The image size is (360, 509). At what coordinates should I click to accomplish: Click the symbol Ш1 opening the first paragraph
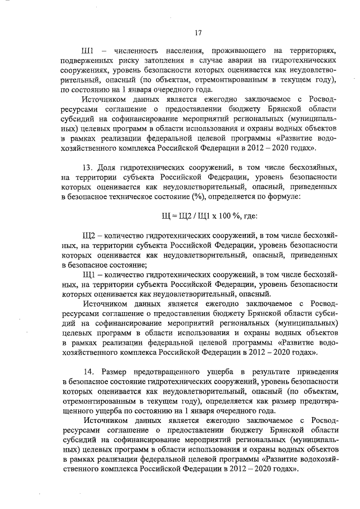[88, 50]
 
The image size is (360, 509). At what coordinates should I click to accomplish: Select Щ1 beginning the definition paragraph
[88, 274]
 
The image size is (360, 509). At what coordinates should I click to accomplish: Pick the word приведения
[317, 373]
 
